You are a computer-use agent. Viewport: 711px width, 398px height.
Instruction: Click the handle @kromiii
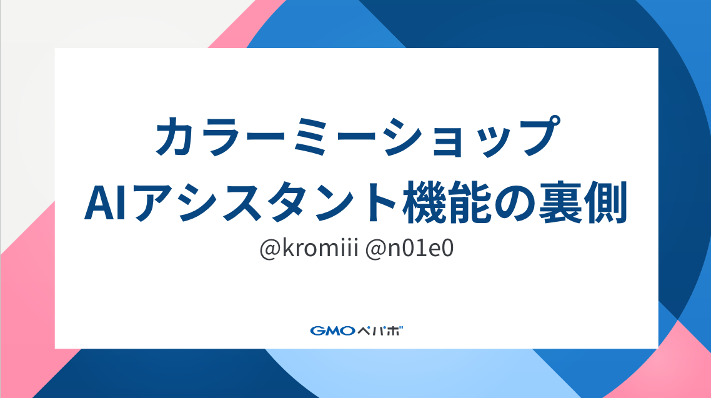(309, 249)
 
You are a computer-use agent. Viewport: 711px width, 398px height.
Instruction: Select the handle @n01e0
(409, 249)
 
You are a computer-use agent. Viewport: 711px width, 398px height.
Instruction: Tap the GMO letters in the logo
(332, 331)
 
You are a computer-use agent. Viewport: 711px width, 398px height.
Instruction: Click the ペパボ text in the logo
(380, 331)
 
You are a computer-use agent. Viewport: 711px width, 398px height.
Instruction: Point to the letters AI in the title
(105, 202)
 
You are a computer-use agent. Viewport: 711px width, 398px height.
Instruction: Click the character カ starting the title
(177, 136)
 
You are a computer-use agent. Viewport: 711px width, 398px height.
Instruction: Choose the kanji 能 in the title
(470, 202)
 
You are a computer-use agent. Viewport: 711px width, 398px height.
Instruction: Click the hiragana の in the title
(515, 202)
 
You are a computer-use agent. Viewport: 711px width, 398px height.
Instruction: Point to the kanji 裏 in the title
(560, 202)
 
